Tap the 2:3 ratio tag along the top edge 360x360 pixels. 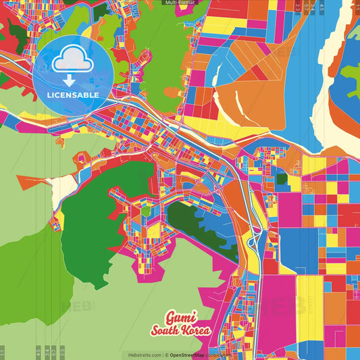tap(297, 7)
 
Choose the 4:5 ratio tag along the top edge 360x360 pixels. tap(322, 7)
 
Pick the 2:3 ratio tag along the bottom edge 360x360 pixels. tap(63, 352)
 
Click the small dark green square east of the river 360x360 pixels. tap(281, 180)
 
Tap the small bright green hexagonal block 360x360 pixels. tap(146, 210)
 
